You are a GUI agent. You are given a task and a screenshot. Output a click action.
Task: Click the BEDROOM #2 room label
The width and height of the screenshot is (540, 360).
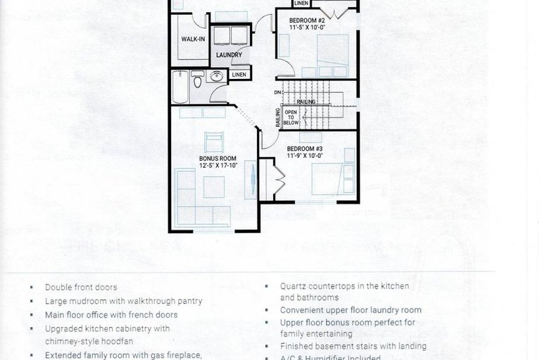point(306,20)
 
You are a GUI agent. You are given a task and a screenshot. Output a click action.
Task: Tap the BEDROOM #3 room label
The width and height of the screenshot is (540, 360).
point(304,149)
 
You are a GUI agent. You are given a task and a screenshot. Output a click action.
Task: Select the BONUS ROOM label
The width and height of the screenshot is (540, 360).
point(217,159)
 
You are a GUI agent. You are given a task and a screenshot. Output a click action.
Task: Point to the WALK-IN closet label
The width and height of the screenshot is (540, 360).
point(193,39)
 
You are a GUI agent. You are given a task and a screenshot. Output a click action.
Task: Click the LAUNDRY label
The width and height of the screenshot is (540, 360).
point(229,55)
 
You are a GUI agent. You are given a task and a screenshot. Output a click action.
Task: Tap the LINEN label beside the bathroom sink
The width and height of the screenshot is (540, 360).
point(239,75)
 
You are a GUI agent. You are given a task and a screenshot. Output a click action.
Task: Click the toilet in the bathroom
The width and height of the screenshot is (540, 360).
point(198,81)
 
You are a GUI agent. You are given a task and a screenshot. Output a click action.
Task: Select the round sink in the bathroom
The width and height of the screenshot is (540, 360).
point(215,77)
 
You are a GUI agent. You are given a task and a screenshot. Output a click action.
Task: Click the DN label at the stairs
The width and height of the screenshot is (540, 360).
point(279,93)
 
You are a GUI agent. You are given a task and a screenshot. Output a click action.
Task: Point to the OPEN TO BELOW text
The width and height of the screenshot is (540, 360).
point(290,117)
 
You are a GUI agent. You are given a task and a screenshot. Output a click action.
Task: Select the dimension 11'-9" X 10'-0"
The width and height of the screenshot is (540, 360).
point(304,156)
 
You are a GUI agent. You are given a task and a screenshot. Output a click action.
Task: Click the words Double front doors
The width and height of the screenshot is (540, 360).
point(81,287)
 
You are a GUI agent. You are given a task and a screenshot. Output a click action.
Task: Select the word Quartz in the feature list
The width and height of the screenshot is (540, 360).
point(294,287)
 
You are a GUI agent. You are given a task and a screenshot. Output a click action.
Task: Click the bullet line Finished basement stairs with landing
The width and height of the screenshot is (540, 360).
point(353,346)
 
